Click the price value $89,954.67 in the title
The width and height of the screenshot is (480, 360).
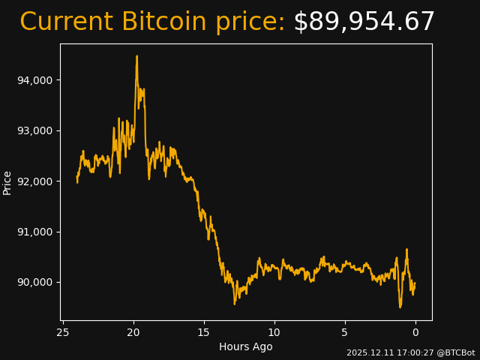[x=364, y=22]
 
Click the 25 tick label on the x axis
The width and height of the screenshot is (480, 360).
[x=63, y=332]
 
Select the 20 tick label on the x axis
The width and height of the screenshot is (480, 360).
[x=133, y=332]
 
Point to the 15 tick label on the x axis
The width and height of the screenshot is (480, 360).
[x=204, y=332]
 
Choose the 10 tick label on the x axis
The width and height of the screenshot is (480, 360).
[x=274, y=332]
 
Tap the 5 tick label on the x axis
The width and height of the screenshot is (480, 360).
[x=345, y=332]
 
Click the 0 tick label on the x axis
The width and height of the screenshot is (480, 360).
[x=415, y=332]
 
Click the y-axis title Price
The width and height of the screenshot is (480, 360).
[x=7, y=182]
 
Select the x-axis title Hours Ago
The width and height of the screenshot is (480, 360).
[x=246, y=346]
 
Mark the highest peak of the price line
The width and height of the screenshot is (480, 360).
[x=136, y=56]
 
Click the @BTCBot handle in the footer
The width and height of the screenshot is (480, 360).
[x=456, y=352]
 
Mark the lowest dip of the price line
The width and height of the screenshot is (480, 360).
[x=400, y=307]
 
